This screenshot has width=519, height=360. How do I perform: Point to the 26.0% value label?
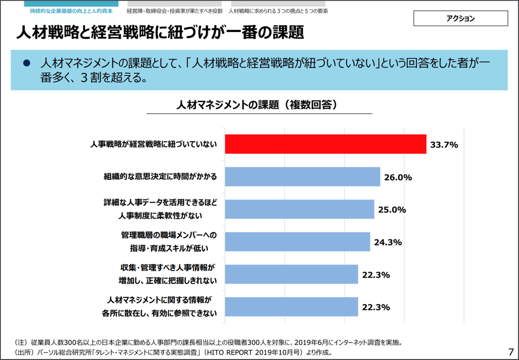click(397, 177)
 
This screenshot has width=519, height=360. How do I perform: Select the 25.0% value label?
click(392, 210)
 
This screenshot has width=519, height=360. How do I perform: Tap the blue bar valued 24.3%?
click(298, 242)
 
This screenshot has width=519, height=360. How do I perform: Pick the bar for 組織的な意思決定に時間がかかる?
click(302, 177)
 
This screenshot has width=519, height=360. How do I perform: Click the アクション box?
click(461, 19)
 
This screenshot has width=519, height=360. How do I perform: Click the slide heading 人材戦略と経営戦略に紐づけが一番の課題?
click(160, 32)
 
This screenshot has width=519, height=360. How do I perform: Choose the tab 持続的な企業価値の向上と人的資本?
click(68, 11)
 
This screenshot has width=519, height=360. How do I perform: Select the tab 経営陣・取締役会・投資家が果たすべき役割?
click(174, 11)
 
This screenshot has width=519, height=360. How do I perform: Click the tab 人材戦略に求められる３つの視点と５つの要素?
click(278, 11)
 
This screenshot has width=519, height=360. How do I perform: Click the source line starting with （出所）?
click(173, 352)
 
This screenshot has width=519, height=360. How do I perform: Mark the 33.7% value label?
click(444, 145)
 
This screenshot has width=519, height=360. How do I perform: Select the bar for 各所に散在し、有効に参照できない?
click(292, 307)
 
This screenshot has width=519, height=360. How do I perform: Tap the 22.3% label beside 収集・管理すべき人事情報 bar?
click(376, 275)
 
